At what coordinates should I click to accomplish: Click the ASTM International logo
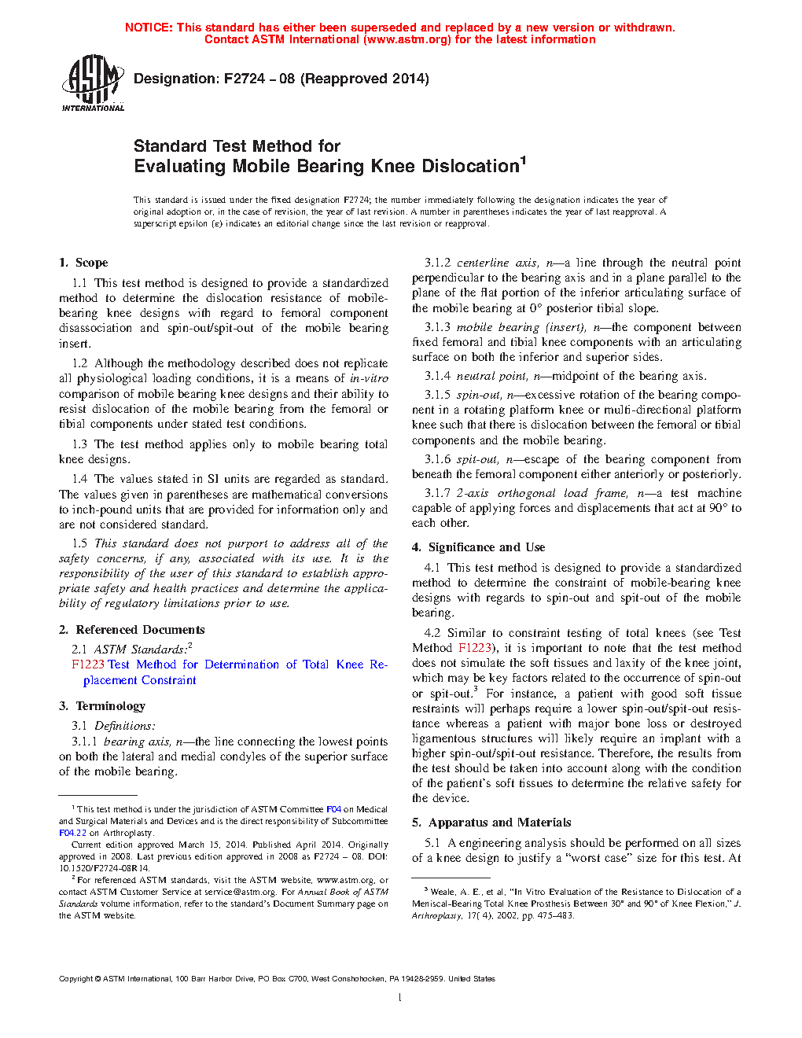pos(92,83)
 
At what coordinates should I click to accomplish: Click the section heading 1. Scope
pos(83,263)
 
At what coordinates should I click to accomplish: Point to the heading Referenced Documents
pos(140,630)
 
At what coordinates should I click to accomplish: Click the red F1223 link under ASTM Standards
pos(87,664)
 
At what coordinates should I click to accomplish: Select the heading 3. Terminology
pos(102,706)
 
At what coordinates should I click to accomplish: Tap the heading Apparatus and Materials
pos(499,823)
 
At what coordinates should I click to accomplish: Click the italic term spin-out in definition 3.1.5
pos(478,395)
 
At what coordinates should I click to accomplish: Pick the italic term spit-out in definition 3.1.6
pos(476,459)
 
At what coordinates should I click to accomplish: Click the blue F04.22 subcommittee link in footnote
pos(72,833)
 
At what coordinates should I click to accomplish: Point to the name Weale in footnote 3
pos(443,892)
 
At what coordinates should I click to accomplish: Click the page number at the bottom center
pos(400,998)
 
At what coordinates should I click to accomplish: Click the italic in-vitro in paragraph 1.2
pos(369,378)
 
